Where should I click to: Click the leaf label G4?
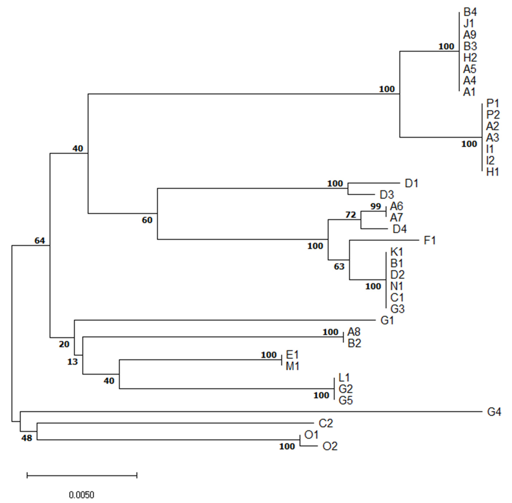[x=494, y=412]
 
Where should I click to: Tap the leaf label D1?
[x=411, y=183]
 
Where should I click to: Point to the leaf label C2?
[x=326, y=423]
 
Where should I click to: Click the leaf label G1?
[x=387, y=321]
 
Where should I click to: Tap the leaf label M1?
[x=292, y=366]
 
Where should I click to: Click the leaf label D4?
[x=400, y=229]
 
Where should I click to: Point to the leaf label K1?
[x=397, y=252]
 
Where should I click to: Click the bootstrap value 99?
[x=376, y=206]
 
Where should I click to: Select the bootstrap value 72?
[x=351, y=215]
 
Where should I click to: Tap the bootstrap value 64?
[x=40, y=240]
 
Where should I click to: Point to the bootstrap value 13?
[x=72, y=362]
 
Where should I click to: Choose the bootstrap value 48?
[x=27, y=438]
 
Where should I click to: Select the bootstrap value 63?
[x=339, y=267]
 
